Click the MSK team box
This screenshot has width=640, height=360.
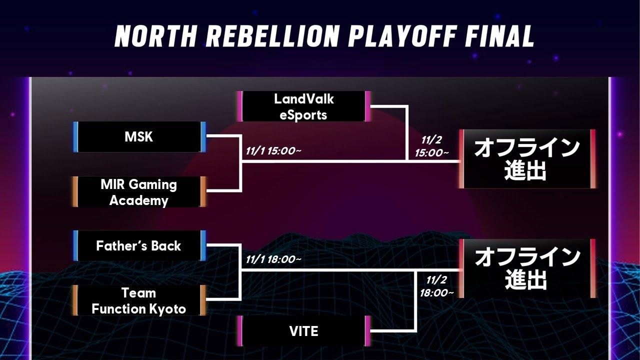tap(139, 137)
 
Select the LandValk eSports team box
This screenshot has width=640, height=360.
tap(303, 106)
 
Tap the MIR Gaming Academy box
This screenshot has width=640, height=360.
tap(139, 192)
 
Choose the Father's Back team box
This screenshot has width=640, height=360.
tap(139, 246)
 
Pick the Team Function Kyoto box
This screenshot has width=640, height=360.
tap(139, 300)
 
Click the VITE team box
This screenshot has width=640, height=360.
tap(303, 331)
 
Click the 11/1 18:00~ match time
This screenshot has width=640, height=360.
tap(273, 259)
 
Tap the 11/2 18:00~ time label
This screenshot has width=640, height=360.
tap(436, 286)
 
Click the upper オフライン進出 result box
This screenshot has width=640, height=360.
tap(526, 159)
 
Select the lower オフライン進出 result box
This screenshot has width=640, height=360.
tap(526, 268)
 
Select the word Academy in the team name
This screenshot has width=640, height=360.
tap(139, 200)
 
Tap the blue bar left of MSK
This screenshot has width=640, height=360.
tap(75, 137)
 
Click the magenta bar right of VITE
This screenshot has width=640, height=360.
tap(368, 331)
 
